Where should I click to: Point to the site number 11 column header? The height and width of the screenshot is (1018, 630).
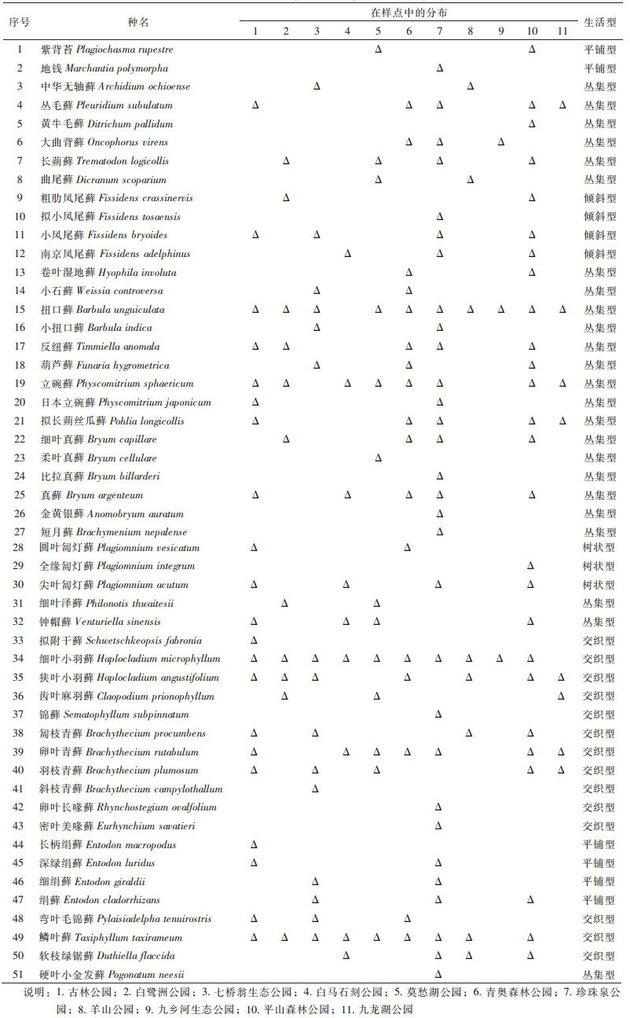562,31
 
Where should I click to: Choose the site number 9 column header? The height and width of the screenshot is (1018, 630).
501,31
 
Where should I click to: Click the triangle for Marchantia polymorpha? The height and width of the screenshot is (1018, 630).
439,68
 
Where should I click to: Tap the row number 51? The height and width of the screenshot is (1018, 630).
20,975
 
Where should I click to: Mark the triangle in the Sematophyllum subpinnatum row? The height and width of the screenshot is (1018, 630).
439,715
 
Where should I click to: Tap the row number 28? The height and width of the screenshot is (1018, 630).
20,548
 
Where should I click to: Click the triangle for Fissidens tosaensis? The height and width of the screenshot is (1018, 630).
439,217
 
